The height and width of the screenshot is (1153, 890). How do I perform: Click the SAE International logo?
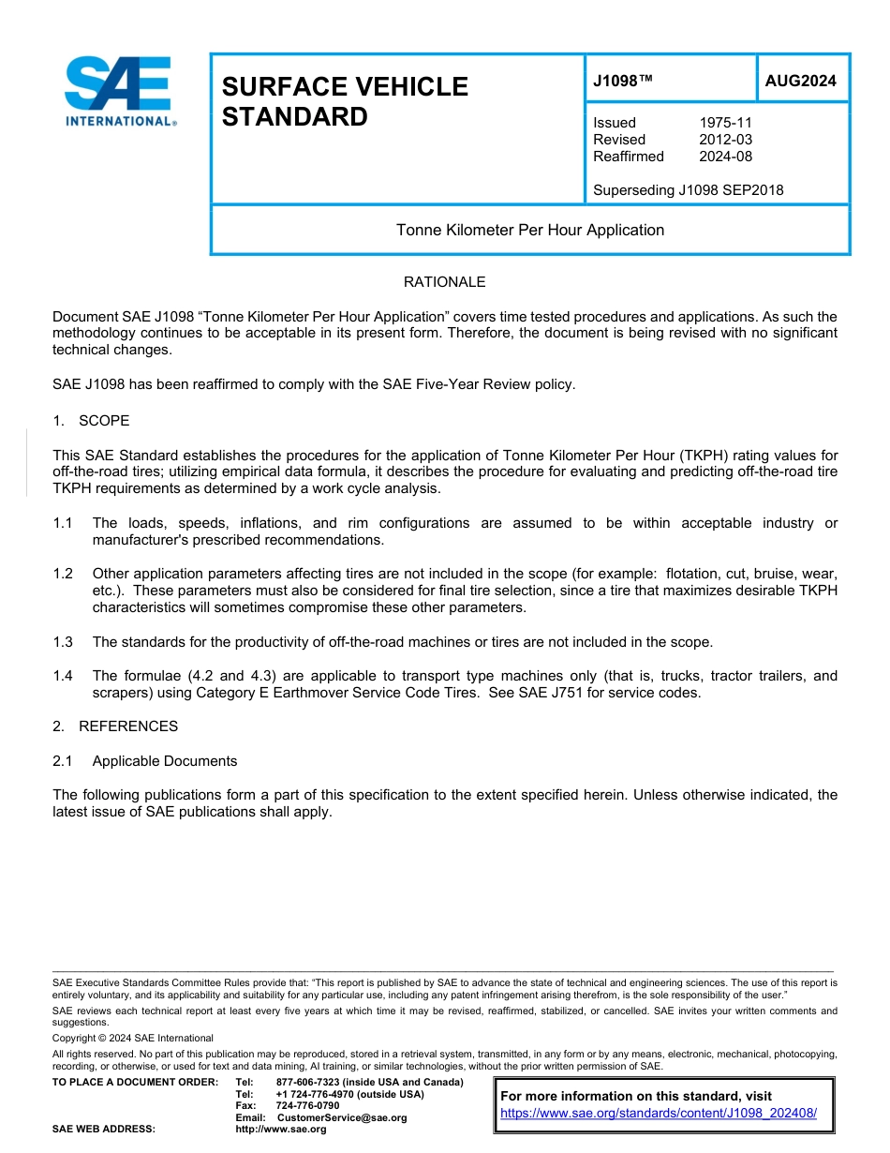click(x=119, y=91)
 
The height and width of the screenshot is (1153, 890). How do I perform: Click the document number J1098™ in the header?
click(x=622, y=81)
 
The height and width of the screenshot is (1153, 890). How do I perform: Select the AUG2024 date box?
click(x=801, y=81)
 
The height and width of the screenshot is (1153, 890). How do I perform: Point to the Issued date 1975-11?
click(x=725, y=123)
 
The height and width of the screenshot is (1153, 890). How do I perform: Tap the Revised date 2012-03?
click(x=725, y=140)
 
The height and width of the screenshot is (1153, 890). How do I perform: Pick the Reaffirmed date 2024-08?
click(x=725, y=157)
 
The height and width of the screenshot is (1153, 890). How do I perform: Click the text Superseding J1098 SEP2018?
click(x=688, y=190)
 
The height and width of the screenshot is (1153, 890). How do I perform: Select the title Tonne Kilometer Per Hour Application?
click(x=529, y=230)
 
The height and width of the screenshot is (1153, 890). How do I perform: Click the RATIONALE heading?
click(x=444, y=282)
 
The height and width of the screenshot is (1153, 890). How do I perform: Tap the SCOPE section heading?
click(x=103, y=420)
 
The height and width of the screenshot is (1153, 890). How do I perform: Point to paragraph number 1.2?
click(x=63, y=573)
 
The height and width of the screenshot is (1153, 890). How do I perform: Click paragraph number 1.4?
click(x=63, y=676)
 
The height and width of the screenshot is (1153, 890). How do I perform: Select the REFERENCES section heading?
click(x=127, y=726)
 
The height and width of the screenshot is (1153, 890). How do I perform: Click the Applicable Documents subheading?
click(x=164, y=761)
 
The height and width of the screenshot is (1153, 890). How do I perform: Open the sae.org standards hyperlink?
click(x=659, y=1113)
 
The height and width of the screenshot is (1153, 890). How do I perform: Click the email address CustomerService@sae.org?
click(x=342, y=1117)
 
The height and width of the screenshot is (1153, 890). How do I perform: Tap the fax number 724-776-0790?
click(x=307, y=1106)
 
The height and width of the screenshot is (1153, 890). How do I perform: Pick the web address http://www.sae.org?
click(x=280, y=1129)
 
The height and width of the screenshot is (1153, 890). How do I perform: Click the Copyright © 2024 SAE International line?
click(x=133, y=1038)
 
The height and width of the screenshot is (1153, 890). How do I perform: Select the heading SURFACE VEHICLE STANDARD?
click(x=344, y=101)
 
